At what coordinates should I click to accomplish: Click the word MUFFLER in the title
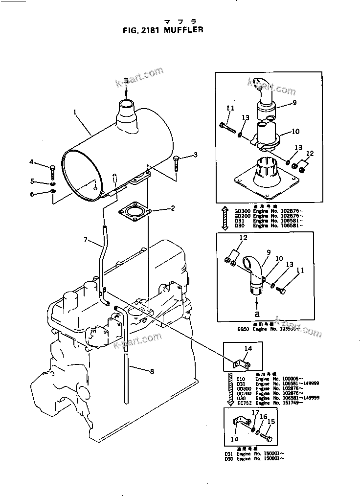[x=184, y=30]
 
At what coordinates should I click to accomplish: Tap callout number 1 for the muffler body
[x=75, y=112]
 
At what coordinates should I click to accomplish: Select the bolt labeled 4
[x=52, y=171]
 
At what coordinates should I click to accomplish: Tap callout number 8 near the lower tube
[x=152, y=371]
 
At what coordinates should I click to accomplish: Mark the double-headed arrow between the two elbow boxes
[x=224, y=218]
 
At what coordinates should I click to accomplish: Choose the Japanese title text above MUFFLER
[x=180, y=22]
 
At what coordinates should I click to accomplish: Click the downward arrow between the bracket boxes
[x=229, y=389]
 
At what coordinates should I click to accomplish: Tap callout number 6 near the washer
[x=32, y=194]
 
